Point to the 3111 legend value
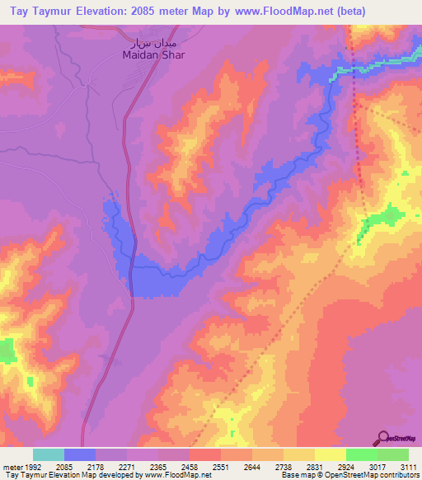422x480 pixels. point(406,466)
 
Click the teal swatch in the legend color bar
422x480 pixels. point(49,454)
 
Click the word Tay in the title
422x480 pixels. point(17,11)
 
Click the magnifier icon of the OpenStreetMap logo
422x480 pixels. point(381,438)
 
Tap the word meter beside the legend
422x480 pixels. point(10,466)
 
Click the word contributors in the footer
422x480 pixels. point(398,475)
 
